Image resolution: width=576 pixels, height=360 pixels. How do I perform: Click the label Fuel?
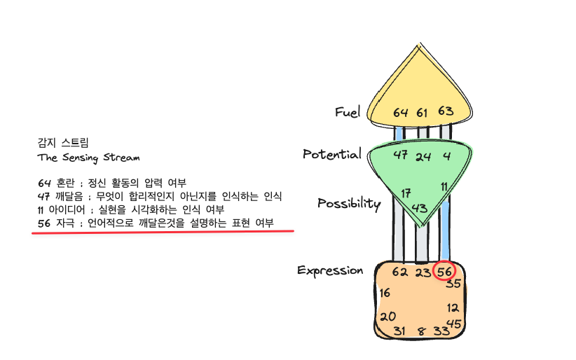[347, 112]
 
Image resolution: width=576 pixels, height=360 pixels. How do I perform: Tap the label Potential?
[331, 154]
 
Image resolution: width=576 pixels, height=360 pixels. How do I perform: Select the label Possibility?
[348, 204]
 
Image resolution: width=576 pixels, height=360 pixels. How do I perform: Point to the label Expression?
[330, 270]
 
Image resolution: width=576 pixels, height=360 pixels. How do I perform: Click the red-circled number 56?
[444, 272]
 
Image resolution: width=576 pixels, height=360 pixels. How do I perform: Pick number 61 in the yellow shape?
[423, 112]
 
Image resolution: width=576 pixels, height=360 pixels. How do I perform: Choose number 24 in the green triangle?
[423, 156]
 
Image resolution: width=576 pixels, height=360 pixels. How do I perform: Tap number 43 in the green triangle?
[420, 207]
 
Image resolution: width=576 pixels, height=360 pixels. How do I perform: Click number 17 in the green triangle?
[406, 193]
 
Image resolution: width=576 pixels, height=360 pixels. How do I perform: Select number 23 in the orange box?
[423, 272]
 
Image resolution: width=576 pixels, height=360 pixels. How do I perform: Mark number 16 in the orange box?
[385, 293]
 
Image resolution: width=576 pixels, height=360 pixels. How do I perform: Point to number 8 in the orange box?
[421, 332]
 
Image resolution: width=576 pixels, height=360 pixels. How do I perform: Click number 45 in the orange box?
[454, 324]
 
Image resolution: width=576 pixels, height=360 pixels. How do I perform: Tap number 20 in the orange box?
[388, 317]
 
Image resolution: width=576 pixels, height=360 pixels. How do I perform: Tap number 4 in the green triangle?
[446, 155]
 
